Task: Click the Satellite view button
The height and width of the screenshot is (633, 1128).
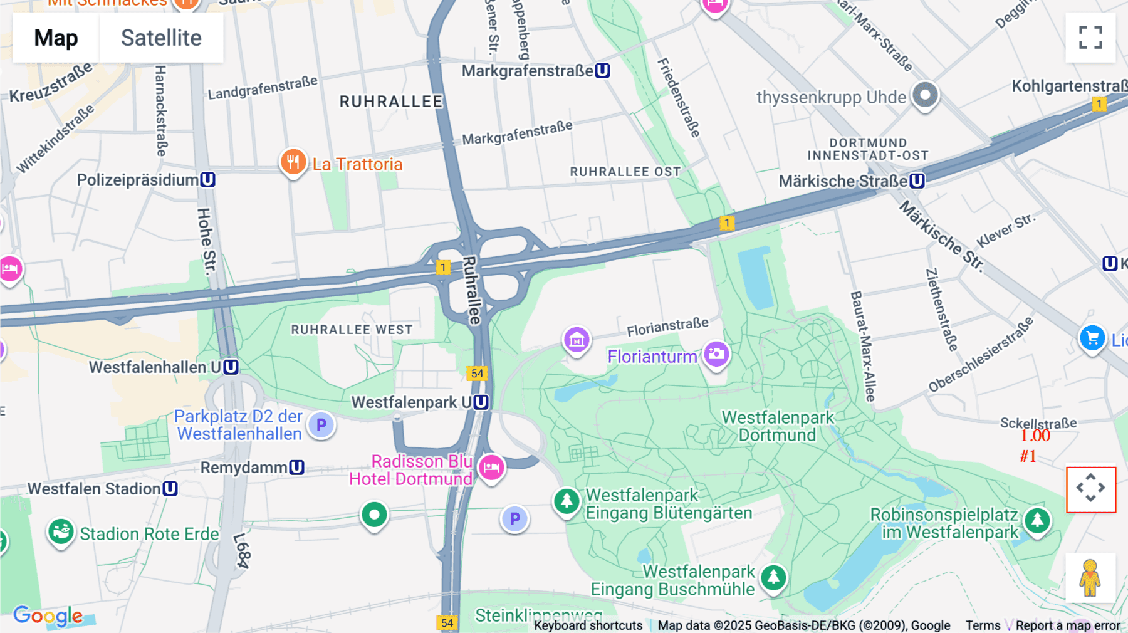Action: tap(161, 38)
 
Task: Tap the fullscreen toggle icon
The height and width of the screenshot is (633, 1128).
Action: tap(1090, 38)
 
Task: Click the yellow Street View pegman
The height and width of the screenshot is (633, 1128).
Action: tap(1090, 578)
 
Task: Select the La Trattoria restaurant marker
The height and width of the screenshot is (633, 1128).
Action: tap(293, 162)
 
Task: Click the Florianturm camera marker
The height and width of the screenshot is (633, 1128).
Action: tap(716, 354)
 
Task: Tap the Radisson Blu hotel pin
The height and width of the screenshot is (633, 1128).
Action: tap(491, 467)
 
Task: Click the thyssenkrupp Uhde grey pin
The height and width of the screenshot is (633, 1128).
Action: tap(925, 95)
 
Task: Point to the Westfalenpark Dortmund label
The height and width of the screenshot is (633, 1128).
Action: tap(777, 426)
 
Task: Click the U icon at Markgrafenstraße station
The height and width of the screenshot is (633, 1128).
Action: tap(602, 71)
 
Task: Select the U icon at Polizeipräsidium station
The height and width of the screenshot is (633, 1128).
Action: tap(207, 180)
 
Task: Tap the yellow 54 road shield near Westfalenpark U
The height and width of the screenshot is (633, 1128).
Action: tap(477, 374)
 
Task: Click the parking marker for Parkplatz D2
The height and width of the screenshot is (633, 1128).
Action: tap(321, 425)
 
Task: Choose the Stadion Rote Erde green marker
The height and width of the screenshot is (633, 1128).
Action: tap(61, 532)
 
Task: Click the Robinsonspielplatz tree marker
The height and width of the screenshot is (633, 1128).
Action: tap(1037, 520)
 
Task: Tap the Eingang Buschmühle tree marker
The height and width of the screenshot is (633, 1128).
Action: tap(773, 577)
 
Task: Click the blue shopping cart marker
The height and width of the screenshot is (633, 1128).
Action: tap(1092, 338)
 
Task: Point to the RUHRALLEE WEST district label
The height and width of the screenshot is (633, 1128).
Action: tap(352, 330)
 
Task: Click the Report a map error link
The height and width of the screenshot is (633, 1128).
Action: tap(1067, 625)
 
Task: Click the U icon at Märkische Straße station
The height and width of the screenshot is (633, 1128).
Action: tap(917, 181)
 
